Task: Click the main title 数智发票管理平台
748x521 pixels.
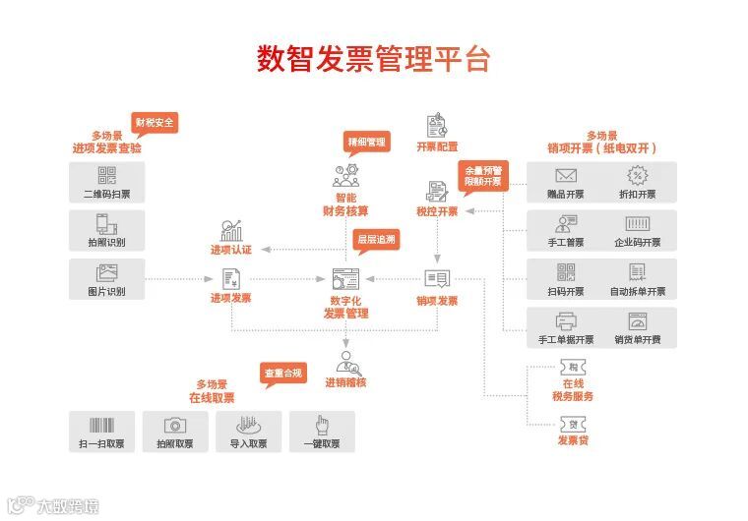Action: click(373, 59)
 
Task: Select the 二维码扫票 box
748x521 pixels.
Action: click(106, 183)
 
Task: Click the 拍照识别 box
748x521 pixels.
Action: click(106, 230)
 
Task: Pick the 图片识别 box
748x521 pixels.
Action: click(106, 279)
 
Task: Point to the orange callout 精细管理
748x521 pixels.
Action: click(366, 142)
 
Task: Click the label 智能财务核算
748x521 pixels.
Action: click(345, 203)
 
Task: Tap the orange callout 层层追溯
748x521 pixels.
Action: click(376, 240)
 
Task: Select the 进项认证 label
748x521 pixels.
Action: click(230, 250)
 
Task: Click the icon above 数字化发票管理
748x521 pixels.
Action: click(345, 277)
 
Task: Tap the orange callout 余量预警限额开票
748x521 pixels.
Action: click(483, 175)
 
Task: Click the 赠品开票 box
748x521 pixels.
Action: click(565, 183)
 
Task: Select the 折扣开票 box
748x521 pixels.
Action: click(638, 183)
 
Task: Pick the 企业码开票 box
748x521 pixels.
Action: click(638, 230)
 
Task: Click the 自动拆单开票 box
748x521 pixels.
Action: click(638, 279)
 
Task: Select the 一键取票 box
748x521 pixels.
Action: click(321, 431)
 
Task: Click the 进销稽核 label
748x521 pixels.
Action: click(345, 382)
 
